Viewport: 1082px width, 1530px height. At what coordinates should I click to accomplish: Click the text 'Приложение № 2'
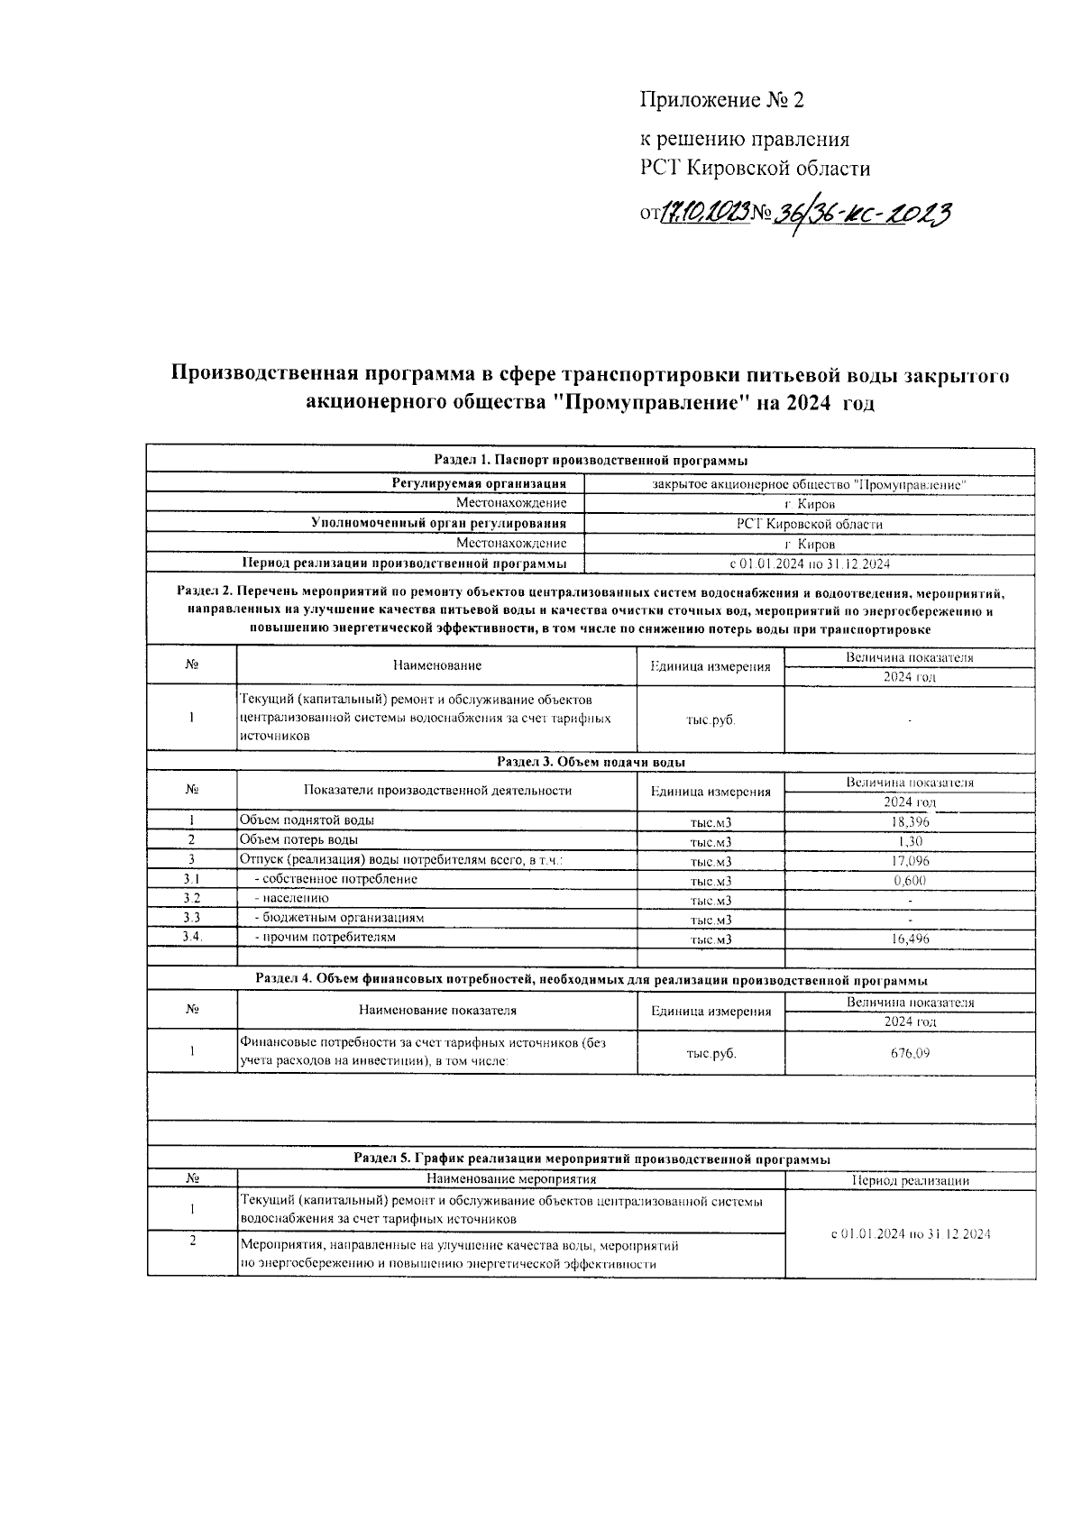720,100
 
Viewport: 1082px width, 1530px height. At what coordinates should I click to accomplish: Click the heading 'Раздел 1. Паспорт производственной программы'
591,461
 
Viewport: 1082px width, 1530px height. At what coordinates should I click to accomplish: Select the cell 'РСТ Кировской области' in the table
809,524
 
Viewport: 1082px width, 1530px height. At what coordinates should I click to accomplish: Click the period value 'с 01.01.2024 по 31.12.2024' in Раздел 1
809,563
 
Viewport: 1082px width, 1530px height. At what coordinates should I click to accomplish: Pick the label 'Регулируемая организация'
479,484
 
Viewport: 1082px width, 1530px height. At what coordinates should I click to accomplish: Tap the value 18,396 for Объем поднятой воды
909,821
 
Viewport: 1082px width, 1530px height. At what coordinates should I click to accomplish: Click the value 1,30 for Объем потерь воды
909,841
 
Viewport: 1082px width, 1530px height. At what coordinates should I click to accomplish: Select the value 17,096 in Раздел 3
909,861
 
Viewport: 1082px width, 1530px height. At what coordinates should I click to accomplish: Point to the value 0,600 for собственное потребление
909,881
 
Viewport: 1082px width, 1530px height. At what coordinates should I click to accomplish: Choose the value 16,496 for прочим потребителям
909,939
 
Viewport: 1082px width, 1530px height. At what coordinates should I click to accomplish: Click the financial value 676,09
909,1052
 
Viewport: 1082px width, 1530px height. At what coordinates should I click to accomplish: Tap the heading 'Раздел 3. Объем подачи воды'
591,762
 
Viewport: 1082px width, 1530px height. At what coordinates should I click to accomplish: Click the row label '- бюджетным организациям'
339,918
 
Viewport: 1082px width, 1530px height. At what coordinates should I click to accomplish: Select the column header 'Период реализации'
909,1180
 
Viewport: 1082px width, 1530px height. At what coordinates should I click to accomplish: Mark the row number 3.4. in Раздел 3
191,937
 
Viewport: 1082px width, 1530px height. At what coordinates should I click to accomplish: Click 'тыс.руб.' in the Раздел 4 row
711,1053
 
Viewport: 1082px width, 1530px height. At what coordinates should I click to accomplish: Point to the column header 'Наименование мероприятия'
511,1178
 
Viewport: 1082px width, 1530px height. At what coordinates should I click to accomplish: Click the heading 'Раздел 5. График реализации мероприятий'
591,1159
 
